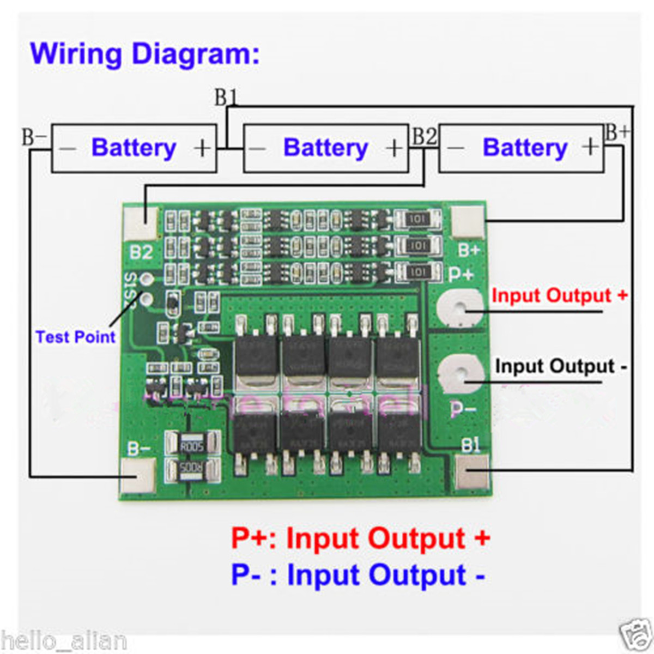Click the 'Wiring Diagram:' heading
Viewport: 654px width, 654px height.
click(144, 54)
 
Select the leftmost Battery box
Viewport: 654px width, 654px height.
click(134, 148)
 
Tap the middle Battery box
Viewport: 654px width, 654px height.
click(325, 148)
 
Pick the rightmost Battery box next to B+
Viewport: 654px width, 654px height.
click(522, 148)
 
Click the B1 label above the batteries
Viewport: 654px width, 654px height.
click(226, 98)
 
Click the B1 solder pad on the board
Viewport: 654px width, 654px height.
click(471, 472)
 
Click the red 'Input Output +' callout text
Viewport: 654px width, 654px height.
click(559, 296)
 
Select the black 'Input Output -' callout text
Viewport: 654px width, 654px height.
click(560, 366)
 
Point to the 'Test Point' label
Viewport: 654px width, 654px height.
click(75, 337)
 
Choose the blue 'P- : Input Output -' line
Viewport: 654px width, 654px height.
click(358, 575)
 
